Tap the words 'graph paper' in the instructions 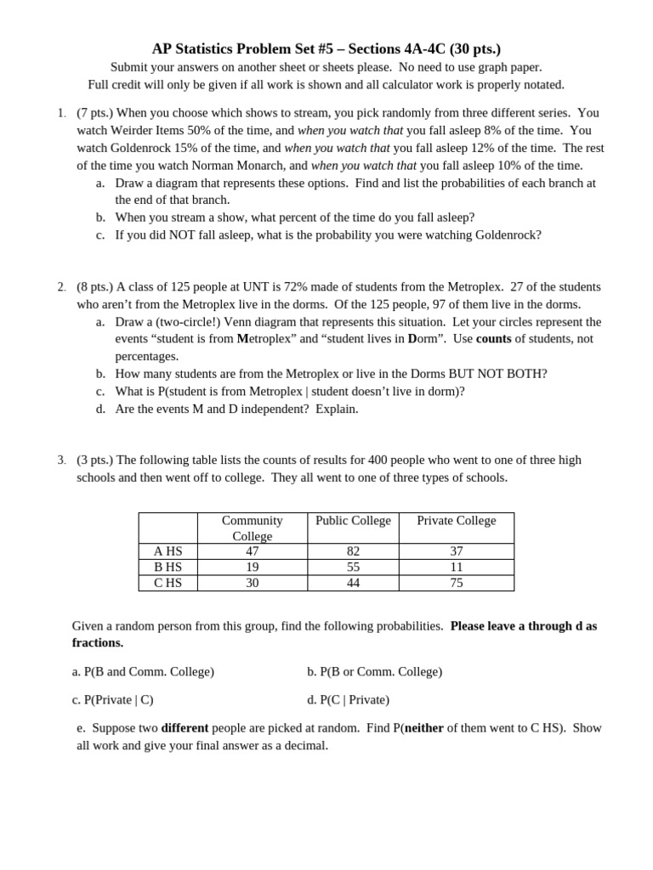(x=510, y=67)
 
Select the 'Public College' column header (x=353, y=521)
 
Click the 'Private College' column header (x=457, y=521)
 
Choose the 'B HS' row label (x=168, y=567)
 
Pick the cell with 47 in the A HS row (x=252, y=551)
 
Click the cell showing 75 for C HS (x=457, y=583)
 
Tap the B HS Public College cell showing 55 (x=353, y=567)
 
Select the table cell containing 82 (x=353, y=551)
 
